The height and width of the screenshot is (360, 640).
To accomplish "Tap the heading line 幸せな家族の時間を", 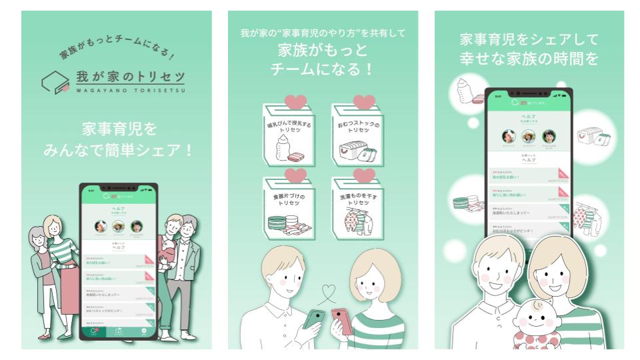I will (529, 59).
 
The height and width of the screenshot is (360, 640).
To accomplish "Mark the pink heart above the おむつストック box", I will (364, 102).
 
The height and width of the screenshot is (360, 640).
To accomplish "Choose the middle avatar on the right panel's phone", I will (529, 135).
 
